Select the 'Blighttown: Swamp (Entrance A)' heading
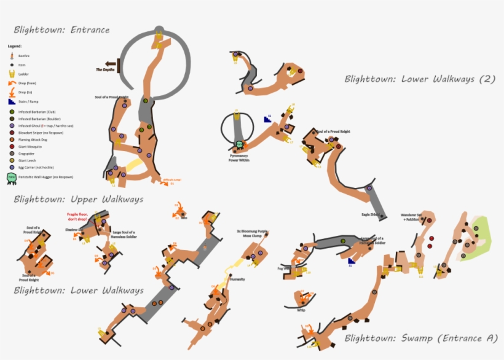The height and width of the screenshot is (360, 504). coord(420,337)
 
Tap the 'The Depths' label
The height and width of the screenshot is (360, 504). coord(105,70)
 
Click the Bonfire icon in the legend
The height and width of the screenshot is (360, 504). coord(11,55)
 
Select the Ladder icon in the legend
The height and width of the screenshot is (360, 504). coord(11,73)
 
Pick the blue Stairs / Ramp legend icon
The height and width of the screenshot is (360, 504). coord(11,101)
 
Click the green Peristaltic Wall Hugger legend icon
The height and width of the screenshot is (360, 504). coord(11,178)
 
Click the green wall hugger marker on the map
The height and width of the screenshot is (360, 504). coord(239,144)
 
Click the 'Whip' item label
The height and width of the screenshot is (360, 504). coord(301,310)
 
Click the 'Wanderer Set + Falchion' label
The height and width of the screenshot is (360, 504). coord(411,217)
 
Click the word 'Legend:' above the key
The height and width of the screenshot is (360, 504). coord(15,46)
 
